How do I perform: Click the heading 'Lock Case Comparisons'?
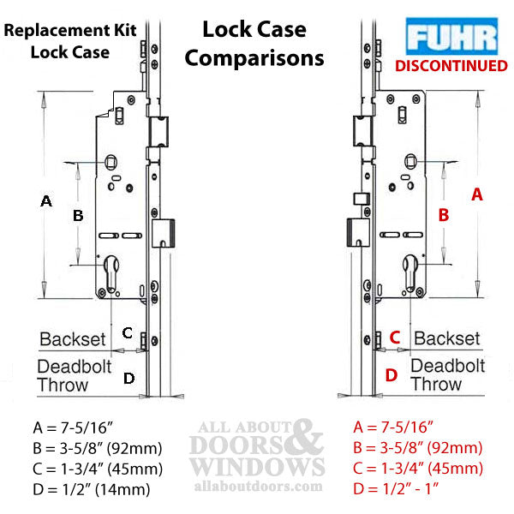tap(254, 44)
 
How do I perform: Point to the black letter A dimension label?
tap(47, 201)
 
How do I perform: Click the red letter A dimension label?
tap(478, 194)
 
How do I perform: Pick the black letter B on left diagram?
tap(78, 216)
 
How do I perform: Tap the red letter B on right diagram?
tap(444, 215)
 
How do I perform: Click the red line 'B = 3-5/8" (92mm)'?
tap(419, 448)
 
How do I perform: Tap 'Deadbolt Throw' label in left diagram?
tap(75, 376)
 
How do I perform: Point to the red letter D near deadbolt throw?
tap(391, 374)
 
